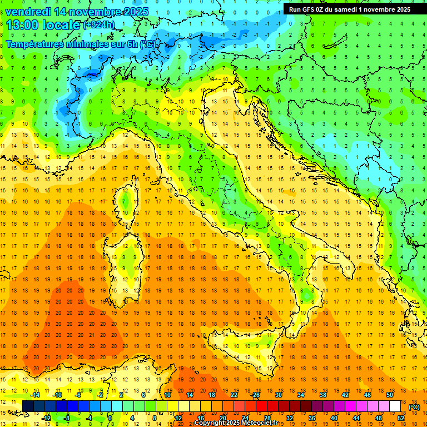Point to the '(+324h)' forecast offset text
(x=100, y=25)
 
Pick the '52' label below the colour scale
(x=401, y=418)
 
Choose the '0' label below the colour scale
(x=110, y=418)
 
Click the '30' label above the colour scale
(x=278, y=394)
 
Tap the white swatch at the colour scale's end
(x=395, y=406)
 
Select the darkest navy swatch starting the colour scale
(x=28, y=406)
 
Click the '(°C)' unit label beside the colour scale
(x=414, y=406)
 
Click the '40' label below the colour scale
(x=334, y=418)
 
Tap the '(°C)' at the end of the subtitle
(x=148, y=44)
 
